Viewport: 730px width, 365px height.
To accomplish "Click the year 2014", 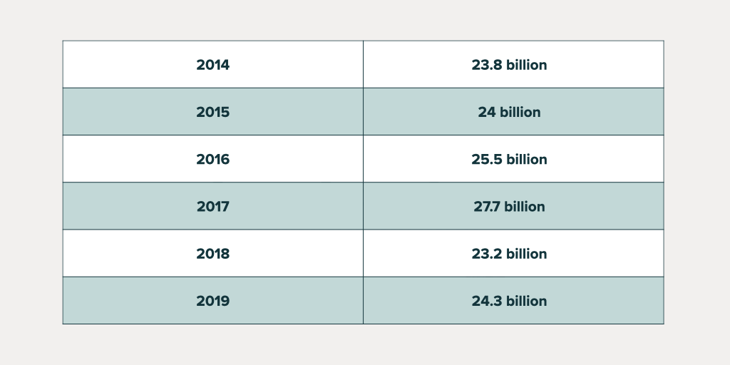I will [212, 65].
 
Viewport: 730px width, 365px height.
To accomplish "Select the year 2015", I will [212, 112].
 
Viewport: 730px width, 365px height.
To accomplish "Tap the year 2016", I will [212, 159].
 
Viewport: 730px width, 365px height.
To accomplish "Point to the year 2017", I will [212, 207].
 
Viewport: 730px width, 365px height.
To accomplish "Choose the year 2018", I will [212, 254].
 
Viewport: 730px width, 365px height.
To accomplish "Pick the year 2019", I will [212, 301].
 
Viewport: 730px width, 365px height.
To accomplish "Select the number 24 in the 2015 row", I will [487, 112].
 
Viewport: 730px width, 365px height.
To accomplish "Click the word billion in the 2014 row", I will [526, 65].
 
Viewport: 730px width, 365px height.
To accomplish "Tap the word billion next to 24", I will [520, 112].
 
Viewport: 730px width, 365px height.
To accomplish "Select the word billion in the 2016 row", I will [526, 159].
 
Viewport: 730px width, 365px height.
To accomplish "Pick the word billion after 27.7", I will [525, 207].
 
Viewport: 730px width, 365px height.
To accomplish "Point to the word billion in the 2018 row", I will [526, 254].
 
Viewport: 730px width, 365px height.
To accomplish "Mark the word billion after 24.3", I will [526, 301].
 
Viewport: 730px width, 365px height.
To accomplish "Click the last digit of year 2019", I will [225, 301].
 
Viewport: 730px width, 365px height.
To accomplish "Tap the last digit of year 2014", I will [225, 65].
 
